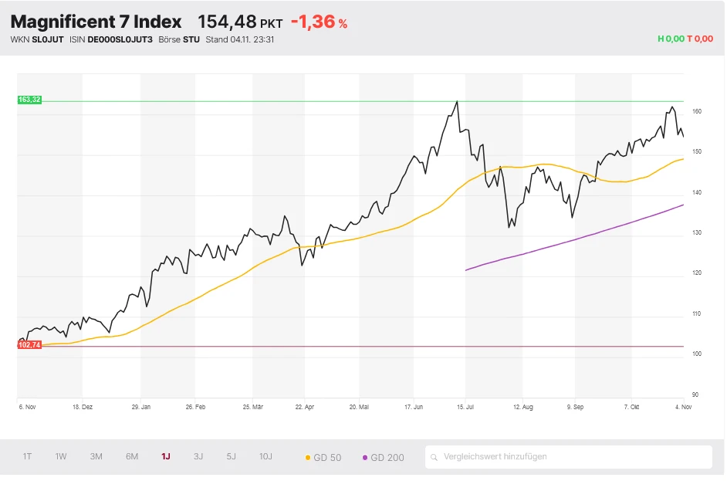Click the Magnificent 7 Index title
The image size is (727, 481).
coord(96,22)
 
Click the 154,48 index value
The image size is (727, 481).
coord(227,22)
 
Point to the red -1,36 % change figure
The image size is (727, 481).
coord(319,22)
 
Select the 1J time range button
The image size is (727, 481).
coord(166,456)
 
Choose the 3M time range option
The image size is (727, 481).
coord(96,456)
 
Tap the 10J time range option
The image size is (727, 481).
coord(265,456)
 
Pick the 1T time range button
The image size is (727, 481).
coord(27,456)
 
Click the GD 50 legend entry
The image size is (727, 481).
coord(323,457)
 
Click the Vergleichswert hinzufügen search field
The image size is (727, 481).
coord(569,456)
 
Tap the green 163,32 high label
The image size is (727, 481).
coord(29,100)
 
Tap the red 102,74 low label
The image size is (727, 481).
coord(29,345)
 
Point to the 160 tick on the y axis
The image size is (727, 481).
coord(697,111)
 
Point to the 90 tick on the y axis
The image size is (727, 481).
coord(695,395)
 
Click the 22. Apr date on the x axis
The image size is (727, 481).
coord(305,405)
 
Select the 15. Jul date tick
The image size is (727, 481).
coord(465,405)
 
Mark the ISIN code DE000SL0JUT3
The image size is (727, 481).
coord(120,39)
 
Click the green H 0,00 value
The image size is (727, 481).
coord(671,39)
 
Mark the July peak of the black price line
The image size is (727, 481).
coord(457,101)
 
